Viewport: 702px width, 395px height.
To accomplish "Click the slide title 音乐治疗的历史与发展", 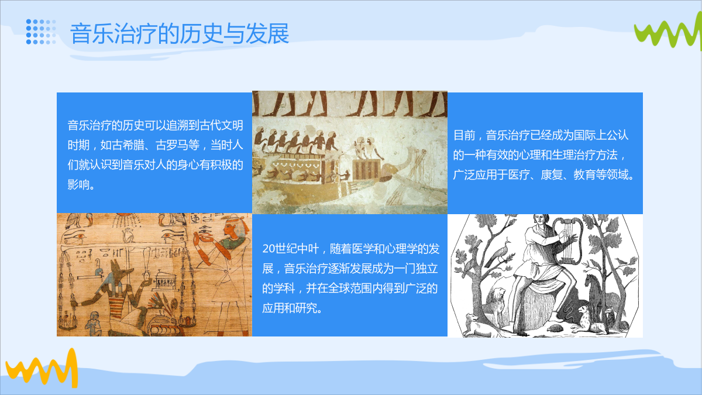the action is (x=179, y=33).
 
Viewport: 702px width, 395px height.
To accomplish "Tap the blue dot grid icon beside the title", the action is (x=41, y=32).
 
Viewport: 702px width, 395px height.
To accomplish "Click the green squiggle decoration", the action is (x=667, y=33).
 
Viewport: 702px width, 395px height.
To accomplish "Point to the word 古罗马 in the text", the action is (x=177, y=145).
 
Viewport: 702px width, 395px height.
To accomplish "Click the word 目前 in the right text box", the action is (x=464, y=135).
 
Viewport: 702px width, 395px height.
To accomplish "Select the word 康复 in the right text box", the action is (x=552, y=174).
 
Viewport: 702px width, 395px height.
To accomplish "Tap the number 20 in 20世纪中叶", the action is (x=269, y=249).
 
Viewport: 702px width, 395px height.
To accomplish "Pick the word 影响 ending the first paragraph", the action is (x=78, y=185).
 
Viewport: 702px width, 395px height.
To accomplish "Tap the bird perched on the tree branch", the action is (x=501, y=253).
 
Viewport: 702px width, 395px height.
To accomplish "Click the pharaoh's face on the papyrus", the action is (x=230, y=232).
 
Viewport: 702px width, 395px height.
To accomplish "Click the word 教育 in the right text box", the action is (x=584, y=174).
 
